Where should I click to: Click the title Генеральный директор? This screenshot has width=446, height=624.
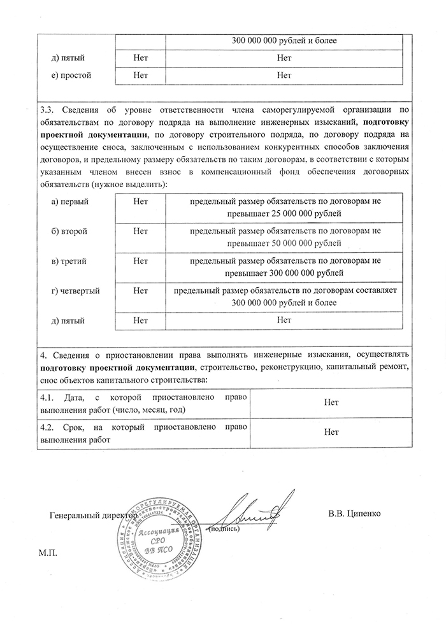[93, 513]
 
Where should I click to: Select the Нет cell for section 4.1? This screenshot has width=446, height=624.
[331, 402]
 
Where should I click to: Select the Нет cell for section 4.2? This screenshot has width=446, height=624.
[331, 432]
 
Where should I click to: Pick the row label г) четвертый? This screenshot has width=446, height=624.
[75, 291]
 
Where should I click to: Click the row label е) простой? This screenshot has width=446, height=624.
[71, 75]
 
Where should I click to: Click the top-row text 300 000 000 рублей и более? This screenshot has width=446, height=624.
[284, 42]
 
